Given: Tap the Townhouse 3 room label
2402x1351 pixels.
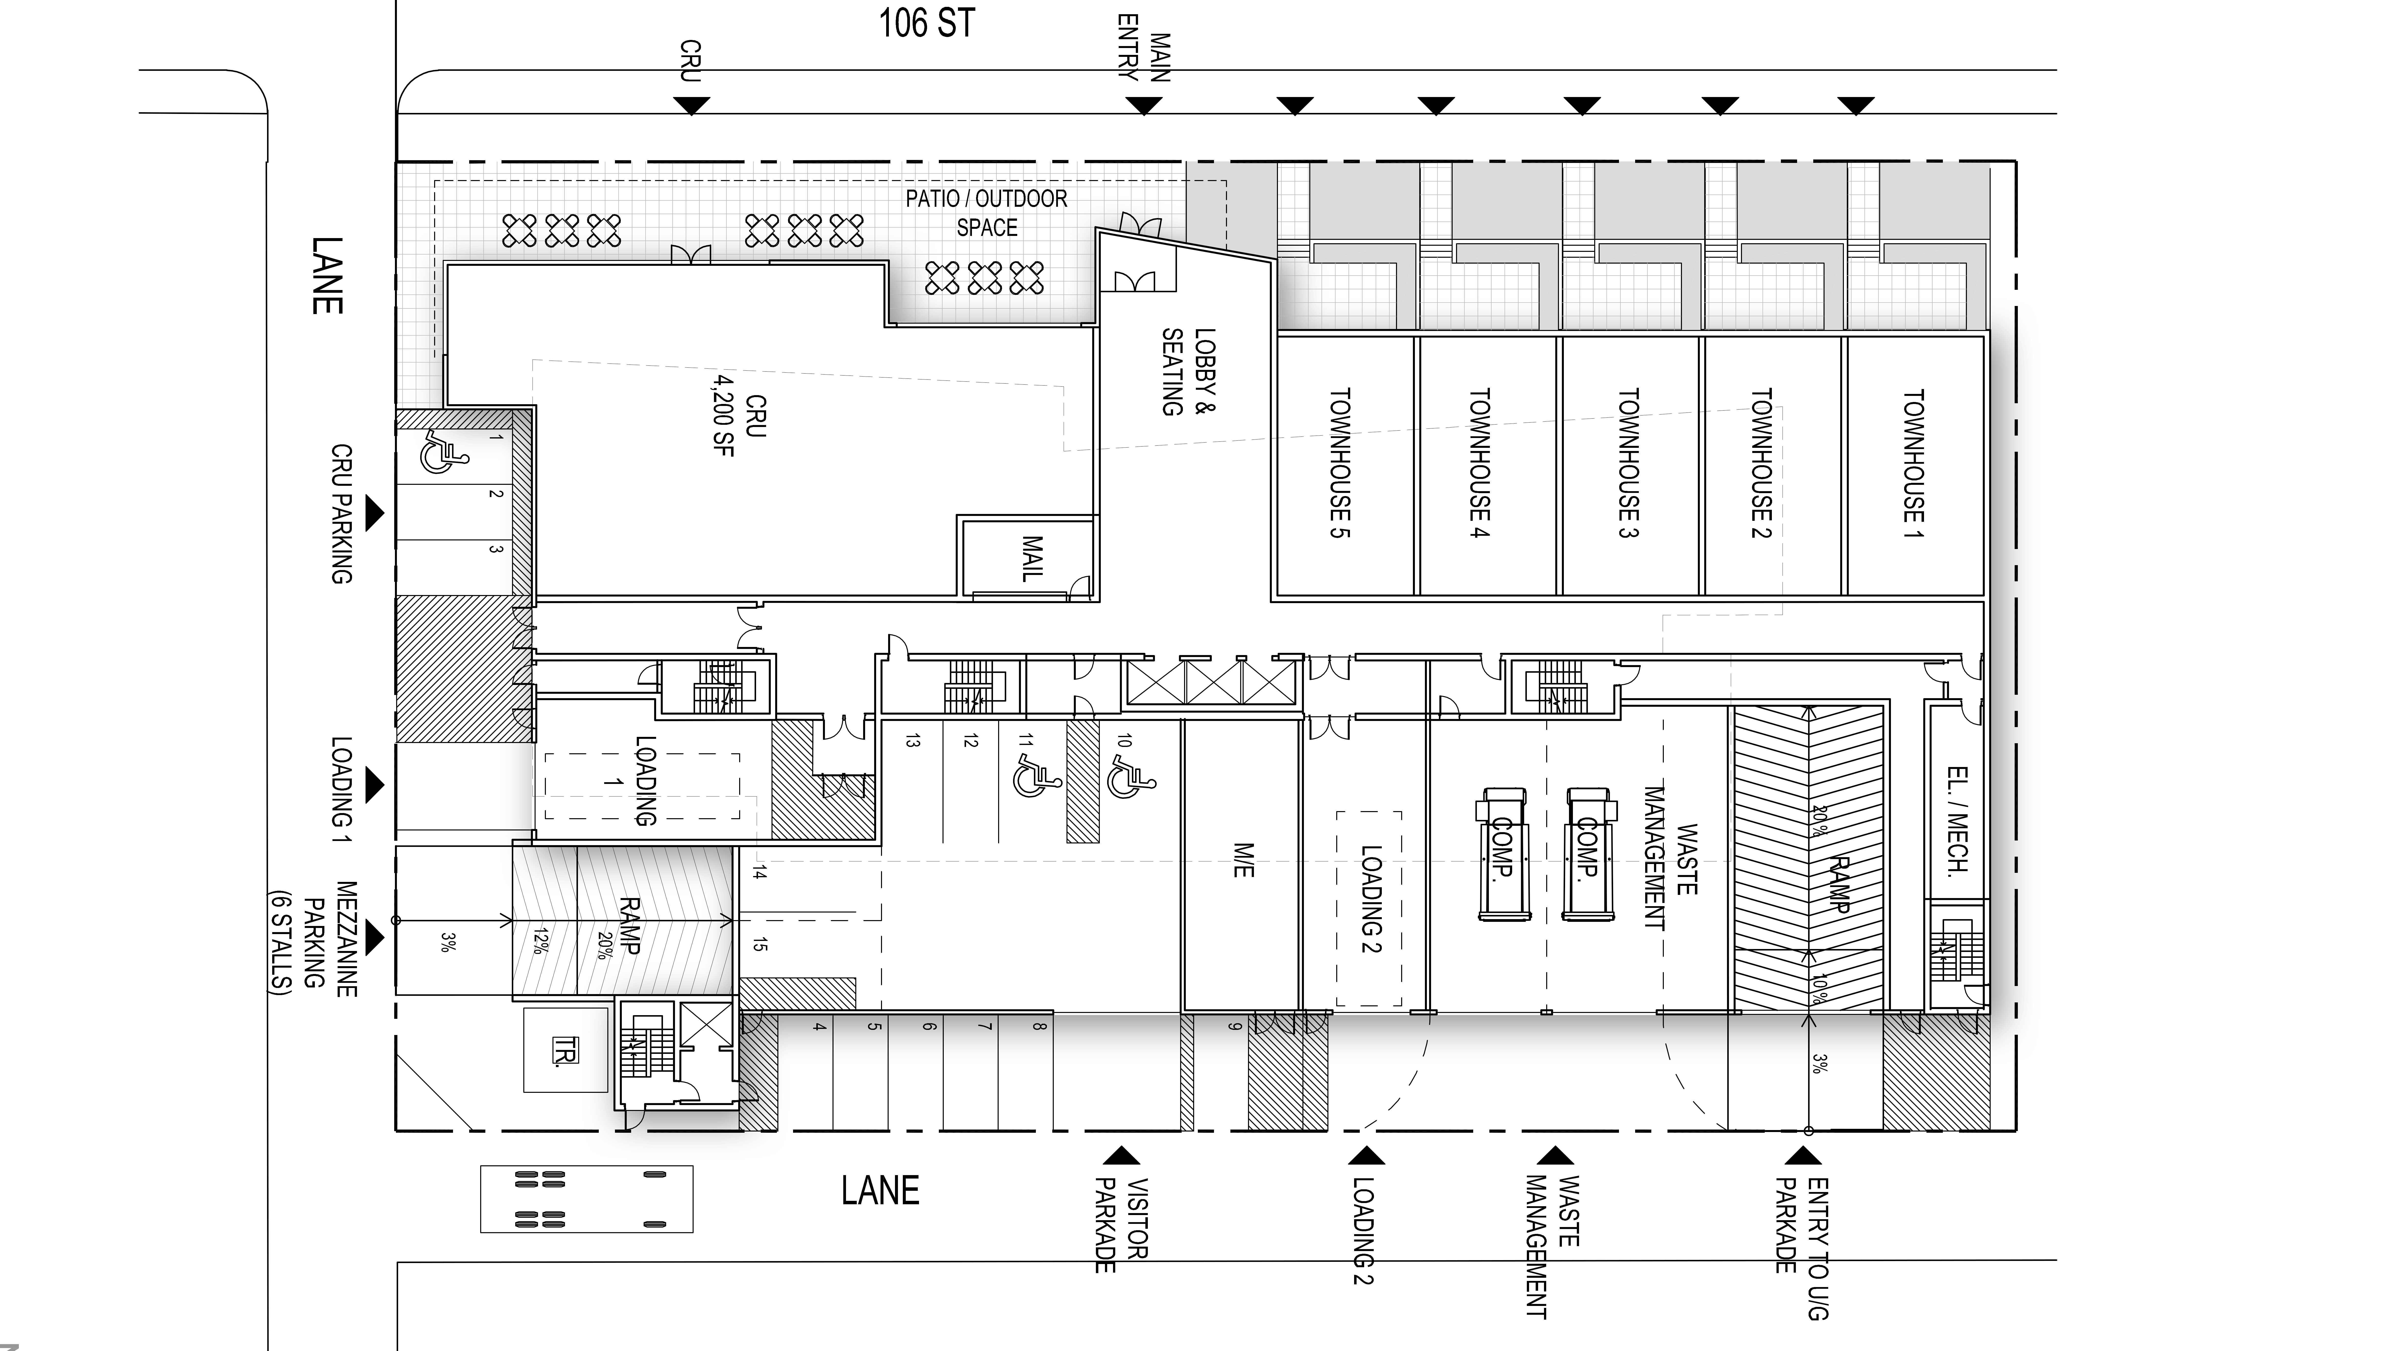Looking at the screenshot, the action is (x=1628, y=463).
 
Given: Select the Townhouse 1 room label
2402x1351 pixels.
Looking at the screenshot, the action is (x=1913, y=463).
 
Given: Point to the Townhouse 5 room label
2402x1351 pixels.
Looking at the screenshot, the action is (x=1340, y=463).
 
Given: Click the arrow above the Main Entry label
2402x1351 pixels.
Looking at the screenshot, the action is (x=1144, y=106).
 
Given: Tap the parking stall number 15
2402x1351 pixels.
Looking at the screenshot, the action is (x=759, y=945).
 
